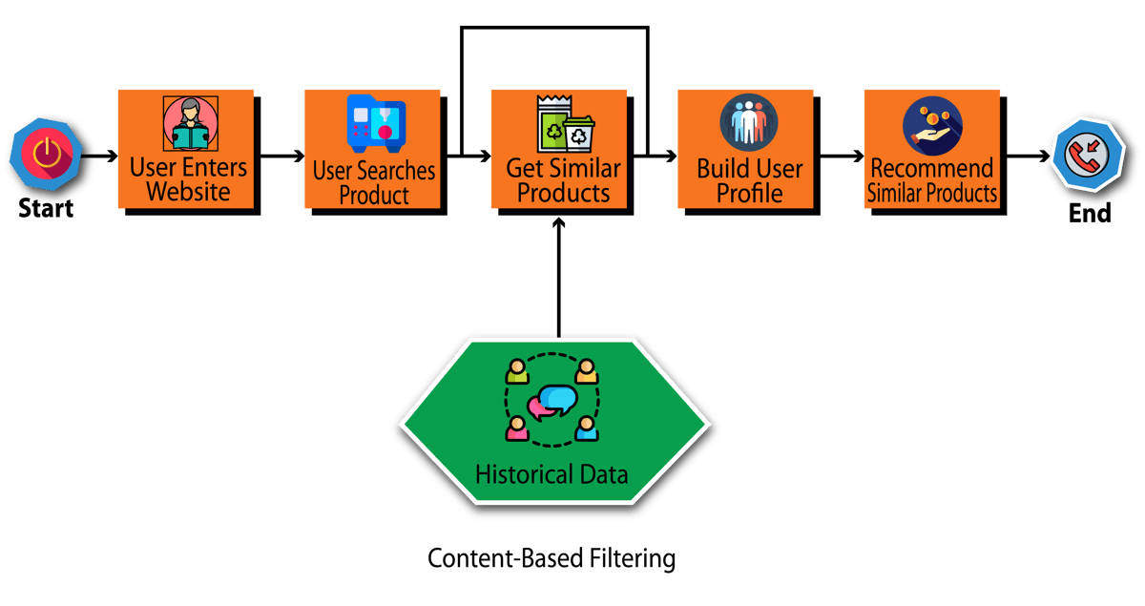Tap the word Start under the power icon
point(46,207)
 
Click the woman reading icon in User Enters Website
point(189,123)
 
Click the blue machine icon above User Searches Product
point(376,124)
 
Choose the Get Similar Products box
point(558,180)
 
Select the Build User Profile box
point(749,180)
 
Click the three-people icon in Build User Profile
point(749,123)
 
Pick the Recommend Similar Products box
point(932,180)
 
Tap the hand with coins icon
point(932,125)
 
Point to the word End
point(1090,213)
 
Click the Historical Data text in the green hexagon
point(552,473)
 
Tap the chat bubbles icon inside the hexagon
point(552,401)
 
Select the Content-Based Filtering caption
point(552,557)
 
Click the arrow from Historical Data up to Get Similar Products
point(559,277)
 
